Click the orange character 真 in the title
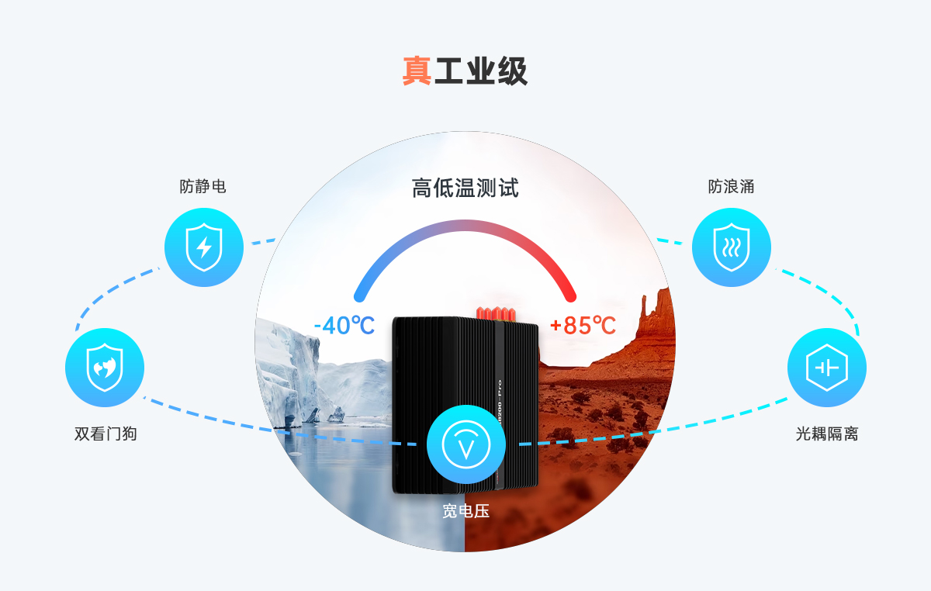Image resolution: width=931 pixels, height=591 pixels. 417,71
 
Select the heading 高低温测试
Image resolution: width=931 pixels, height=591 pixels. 465,188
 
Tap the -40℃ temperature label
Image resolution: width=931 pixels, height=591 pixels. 344,325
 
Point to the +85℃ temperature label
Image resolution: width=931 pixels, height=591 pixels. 583,325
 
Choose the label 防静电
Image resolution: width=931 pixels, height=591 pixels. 203,187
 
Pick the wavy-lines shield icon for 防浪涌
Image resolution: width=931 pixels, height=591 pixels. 731,247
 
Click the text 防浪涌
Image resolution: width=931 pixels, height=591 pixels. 731,187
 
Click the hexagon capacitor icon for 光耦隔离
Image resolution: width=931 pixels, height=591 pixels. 826,368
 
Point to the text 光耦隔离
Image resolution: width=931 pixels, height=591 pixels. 826,434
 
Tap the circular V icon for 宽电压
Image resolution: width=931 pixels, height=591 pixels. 465,445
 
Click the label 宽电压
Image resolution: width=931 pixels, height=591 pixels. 465,511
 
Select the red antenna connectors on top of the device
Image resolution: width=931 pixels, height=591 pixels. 497,313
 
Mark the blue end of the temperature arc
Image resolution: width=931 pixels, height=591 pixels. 359,295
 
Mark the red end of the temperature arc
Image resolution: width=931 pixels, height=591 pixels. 571,295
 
